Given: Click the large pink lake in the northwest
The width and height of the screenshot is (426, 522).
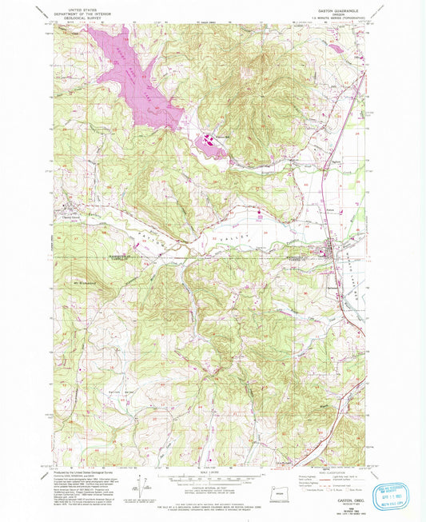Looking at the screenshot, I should point(132,72).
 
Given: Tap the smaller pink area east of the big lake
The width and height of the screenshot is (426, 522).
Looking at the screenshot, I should point(209,145).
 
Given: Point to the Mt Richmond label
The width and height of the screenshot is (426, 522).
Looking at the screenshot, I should point(85,285).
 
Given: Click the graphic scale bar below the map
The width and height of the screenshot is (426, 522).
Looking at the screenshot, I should point(213,480).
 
